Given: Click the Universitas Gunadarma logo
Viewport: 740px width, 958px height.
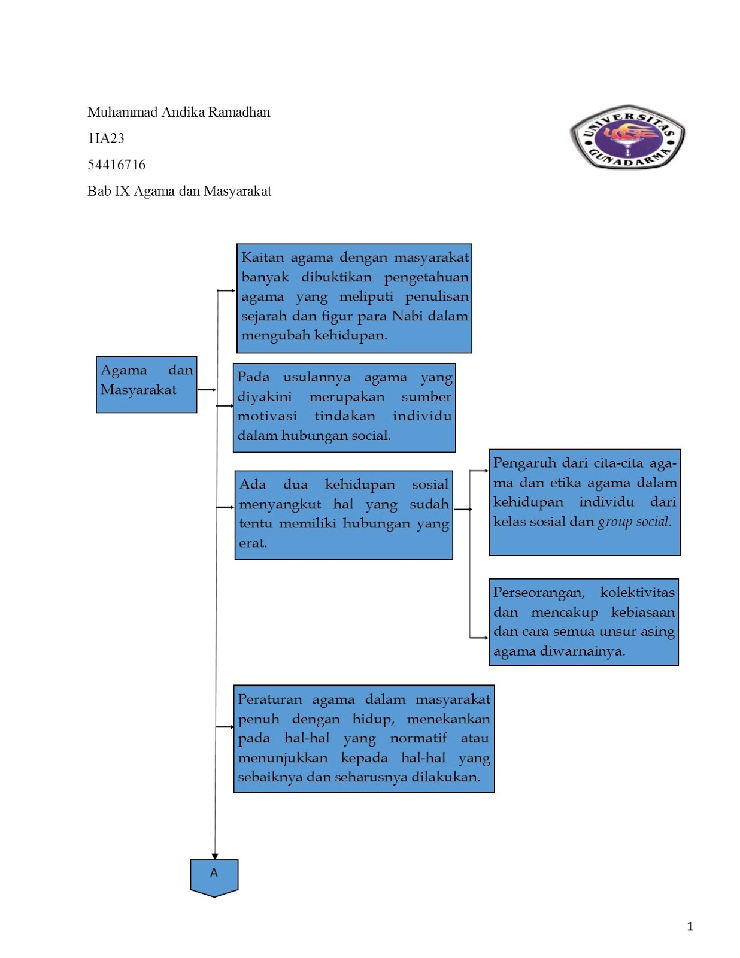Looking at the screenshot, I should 627,137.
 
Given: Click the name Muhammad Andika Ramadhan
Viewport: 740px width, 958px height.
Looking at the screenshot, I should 178,112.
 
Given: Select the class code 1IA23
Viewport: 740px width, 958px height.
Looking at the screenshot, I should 106,138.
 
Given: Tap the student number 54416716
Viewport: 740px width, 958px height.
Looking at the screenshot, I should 116,165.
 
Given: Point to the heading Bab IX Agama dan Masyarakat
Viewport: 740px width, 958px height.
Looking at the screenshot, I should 179,191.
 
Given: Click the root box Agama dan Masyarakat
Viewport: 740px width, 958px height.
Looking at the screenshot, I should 146,384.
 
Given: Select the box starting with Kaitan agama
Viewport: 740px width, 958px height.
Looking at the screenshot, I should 354,298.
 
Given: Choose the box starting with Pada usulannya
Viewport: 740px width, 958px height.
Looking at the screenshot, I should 344,407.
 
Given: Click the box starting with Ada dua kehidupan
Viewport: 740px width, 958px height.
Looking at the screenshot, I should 344,515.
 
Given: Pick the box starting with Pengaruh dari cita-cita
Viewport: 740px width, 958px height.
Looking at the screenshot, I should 584,502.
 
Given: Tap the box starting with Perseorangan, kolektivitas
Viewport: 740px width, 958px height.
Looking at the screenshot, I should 584,622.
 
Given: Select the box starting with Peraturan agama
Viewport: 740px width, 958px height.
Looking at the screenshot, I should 363,738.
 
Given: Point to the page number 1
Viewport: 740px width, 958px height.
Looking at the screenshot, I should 690,926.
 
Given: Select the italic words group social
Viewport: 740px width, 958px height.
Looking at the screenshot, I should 635,522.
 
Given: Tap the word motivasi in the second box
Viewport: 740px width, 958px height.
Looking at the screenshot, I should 267,416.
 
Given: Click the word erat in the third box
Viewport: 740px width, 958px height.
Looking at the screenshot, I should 253,543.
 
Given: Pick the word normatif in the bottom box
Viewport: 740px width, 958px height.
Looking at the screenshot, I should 418,738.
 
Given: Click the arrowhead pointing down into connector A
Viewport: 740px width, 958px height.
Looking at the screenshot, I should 214,857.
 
